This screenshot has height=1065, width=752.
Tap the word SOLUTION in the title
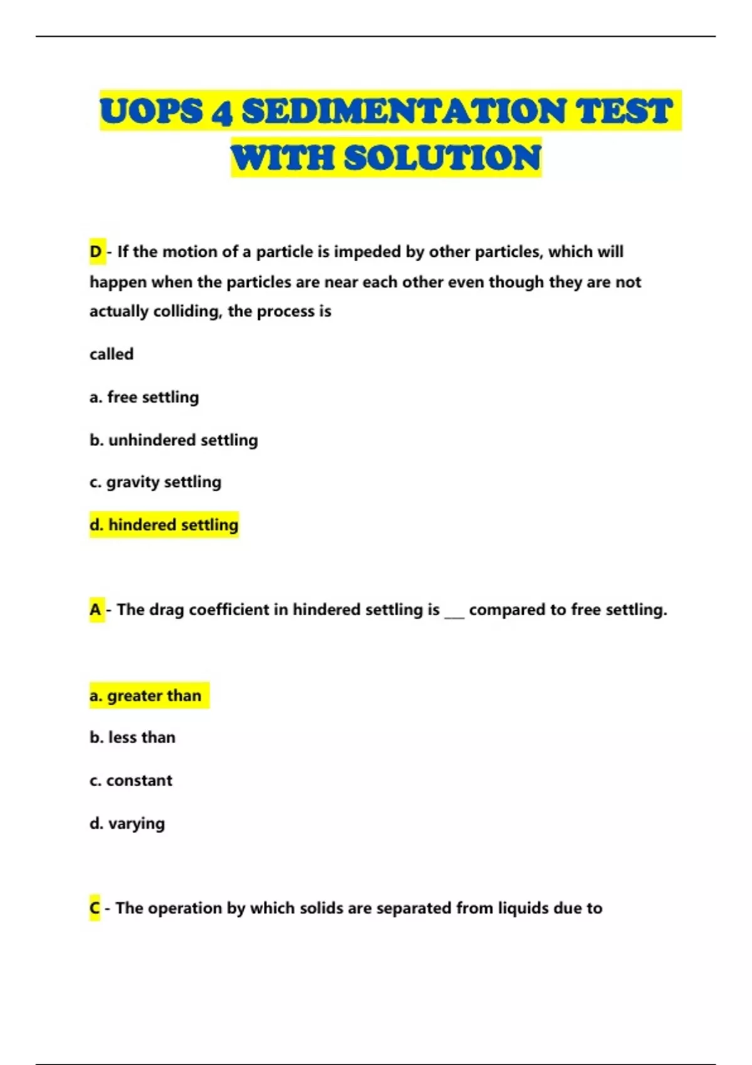point(442,157)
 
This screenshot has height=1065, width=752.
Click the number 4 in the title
point(222,112)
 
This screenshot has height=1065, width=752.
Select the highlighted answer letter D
point(96,252)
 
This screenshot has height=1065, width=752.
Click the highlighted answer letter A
point(96,610)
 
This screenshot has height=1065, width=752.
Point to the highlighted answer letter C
point(95,908)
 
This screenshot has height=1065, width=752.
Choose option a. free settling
point(144,397)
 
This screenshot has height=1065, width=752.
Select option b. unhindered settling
point(174,440)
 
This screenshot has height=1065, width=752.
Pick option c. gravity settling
point(155,482)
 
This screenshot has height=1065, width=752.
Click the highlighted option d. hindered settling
point(164,524)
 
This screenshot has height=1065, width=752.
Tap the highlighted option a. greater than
point(145,695)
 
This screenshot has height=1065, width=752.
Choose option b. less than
point(132,737)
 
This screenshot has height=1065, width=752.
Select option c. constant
point(130,781)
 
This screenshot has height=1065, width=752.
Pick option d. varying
point(127,823)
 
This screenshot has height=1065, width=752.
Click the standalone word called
point(112,354)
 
